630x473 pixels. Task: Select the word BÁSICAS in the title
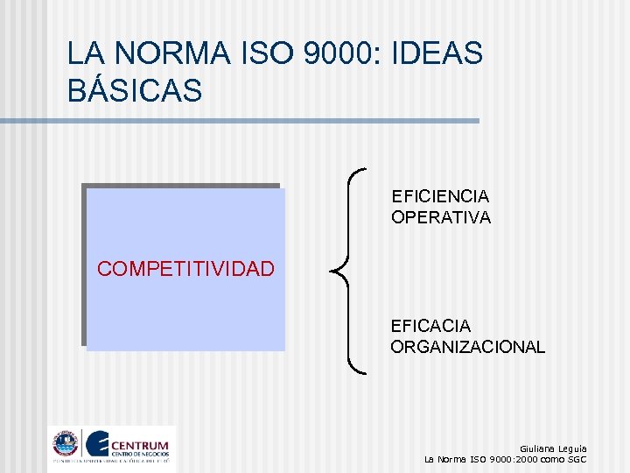pyautogui.click(x=135, y=90)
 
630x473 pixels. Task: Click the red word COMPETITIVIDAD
pyautogui.click(x=185, y=269)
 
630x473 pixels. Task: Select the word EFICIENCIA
pyautogui.click(x=440, y=196)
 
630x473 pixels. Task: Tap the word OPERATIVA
pyautogui.click(x=441, y=217)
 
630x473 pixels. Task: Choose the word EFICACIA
pyautogui.click(x=430, y=327)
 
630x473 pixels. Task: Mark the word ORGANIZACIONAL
pyautogui.click(x=467, y=348)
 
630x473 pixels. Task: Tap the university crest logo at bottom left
pyautogui.click(x=65, y=444)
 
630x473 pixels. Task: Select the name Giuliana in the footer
pyautogui.click(x=538, y=448)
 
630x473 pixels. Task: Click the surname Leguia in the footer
pyautogui.click(x=574, y=448)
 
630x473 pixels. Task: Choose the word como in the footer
pyautogui.click(x=552, y=459)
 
